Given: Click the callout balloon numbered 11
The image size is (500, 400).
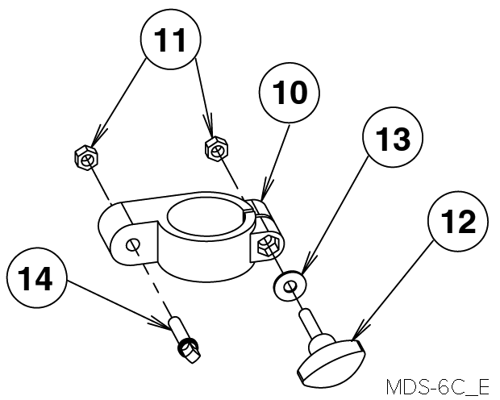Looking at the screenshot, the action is [x=171, y=39].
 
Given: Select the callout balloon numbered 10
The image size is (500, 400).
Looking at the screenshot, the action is [x=289, y=92].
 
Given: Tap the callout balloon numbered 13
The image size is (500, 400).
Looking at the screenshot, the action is [x=393, y=137].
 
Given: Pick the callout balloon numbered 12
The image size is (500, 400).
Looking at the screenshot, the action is [x=458, y=222].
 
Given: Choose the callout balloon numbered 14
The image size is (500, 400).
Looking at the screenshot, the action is [x=36, y=277].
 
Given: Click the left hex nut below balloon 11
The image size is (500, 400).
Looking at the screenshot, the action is [x=86, y=158].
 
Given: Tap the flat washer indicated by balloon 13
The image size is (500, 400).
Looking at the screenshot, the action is [x=290, y=285].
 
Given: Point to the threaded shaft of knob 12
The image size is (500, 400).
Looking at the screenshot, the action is [x=308, y=322].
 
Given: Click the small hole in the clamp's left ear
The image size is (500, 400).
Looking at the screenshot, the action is [x=132, y=244].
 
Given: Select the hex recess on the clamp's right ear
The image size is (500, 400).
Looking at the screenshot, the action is [x=267, y=245].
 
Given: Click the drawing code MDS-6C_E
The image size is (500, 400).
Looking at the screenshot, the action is [x=437, y=387].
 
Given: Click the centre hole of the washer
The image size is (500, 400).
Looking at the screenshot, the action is [x=290, y=286].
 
